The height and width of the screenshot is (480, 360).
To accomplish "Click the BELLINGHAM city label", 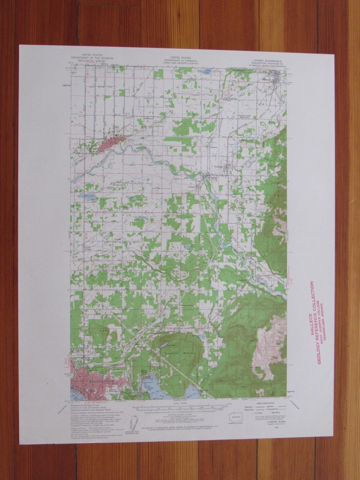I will (89, 382).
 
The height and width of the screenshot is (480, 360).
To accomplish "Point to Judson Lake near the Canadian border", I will (207, 72).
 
